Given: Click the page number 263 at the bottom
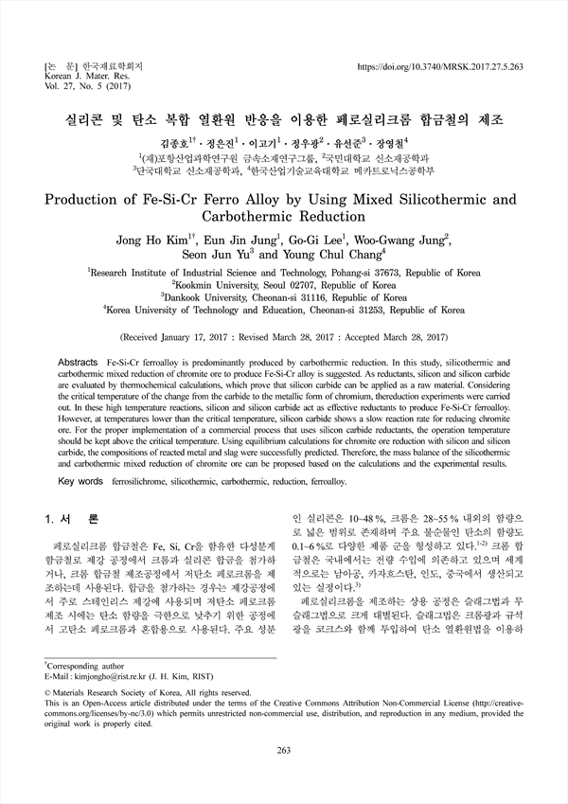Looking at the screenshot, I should point(284,777).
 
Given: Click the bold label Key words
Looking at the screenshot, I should point(81,482).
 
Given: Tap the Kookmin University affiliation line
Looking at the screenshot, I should point(284,282).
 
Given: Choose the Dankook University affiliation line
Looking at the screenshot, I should point(284,295).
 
